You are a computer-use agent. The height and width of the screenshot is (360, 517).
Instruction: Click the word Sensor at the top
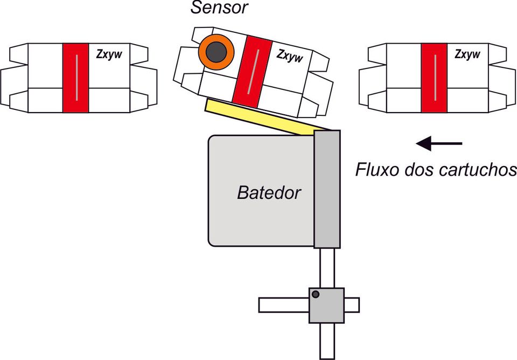219,8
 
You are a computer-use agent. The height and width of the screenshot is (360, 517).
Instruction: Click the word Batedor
269,193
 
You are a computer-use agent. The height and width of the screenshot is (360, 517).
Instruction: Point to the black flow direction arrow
439,143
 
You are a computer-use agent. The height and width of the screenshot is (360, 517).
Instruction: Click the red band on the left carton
75,78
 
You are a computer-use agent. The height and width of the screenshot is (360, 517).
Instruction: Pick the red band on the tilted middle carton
252,72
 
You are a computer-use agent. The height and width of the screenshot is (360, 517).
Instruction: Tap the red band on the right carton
434,78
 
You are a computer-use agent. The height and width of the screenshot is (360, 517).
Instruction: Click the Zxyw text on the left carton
109,54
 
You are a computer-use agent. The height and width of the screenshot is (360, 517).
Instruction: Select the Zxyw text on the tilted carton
290,56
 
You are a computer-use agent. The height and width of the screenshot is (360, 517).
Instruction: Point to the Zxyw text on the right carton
467,54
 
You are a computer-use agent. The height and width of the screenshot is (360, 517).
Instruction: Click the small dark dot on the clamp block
316,294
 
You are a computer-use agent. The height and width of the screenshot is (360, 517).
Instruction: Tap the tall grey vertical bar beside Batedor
327,189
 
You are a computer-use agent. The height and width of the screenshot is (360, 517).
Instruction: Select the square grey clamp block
326,305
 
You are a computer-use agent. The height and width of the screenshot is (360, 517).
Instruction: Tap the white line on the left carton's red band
77,78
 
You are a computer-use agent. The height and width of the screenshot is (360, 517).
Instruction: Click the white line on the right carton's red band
435,78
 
